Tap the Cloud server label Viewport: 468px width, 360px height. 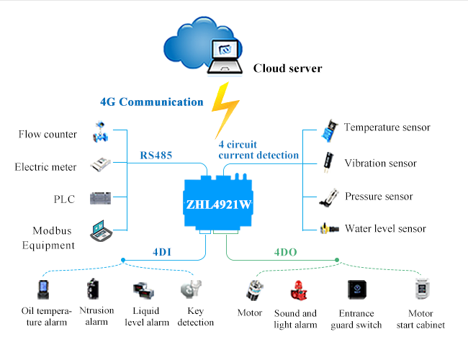click(288, 68)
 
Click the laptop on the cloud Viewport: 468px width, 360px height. click(225, 57)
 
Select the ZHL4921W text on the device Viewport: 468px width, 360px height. click(219, 204)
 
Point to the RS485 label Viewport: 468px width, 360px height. click(156, 156)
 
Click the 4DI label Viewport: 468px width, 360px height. click(162, 252)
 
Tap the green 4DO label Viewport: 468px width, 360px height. click(286, 252)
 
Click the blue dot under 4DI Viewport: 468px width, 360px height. click(123, 260)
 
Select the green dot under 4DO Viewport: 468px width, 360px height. click(337, 260)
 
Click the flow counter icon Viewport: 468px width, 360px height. click(100, 132)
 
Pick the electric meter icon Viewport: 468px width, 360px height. click(101, 164)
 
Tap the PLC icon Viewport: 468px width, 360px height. click(101, 198)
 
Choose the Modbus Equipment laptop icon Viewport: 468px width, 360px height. click(102, 230)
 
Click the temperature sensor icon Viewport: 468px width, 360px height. click(330, 131)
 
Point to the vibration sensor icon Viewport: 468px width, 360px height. click(328, 162)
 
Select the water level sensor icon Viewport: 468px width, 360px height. click(330, 229)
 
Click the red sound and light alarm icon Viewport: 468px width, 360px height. click(299, 290)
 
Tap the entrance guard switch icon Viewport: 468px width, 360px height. click(357, 289)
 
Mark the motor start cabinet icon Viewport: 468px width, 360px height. click(423, 289)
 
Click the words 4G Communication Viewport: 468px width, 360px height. click(152, 102)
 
